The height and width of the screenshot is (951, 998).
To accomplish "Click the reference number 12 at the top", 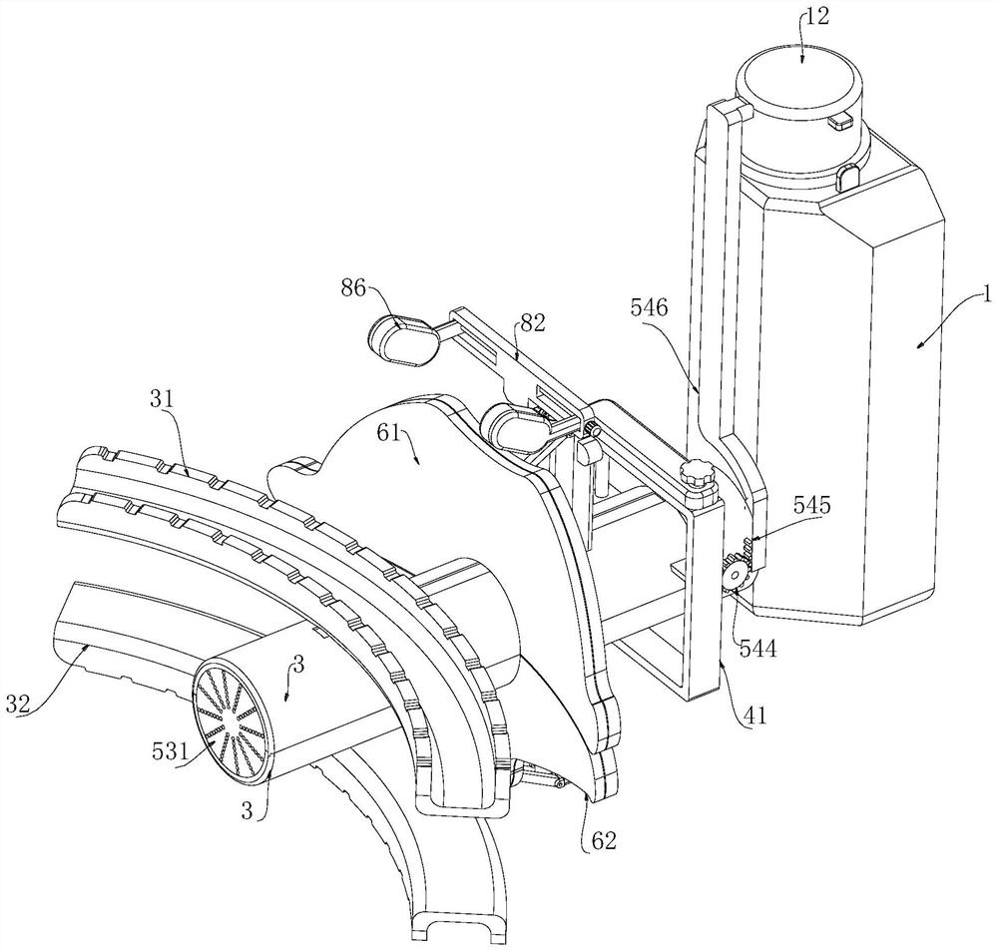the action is point(816,17).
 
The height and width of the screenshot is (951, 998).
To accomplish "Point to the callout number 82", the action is point(532,323).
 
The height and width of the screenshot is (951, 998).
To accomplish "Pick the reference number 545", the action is point(812,488).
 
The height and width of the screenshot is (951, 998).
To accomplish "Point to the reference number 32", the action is point(18,705).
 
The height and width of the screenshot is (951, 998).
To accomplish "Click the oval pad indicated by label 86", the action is point(404,340).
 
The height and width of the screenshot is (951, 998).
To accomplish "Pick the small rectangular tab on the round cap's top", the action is point(840,120).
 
